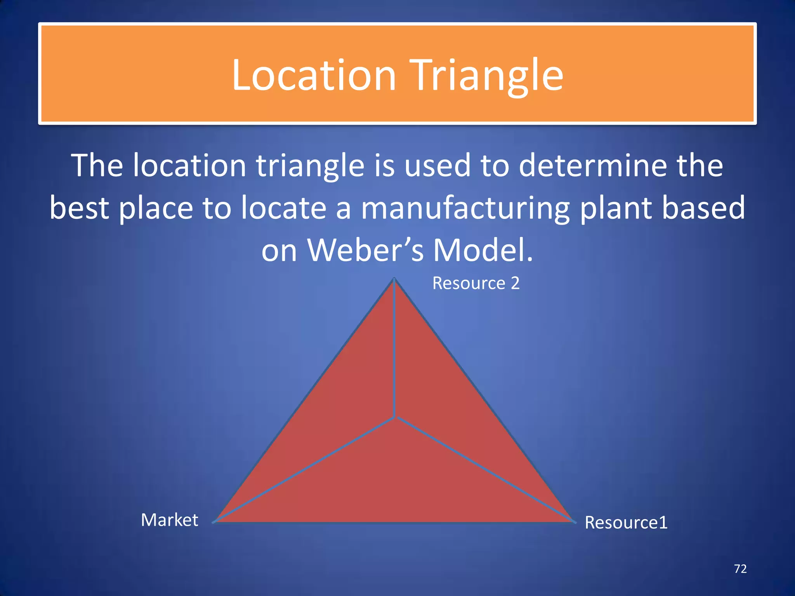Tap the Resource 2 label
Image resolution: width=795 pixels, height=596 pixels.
[476, 283]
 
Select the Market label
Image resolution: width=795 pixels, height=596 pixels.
[170, 520]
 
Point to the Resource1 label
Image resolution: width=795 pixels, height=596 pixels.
[626, 522]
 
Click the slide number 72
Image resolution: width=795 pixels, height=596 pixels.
[740, 569]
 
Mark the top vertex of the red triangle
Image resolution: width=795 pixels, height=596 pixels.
[394, 279]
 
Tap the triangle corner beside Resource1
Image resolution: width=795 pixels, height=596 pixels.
[574, 521]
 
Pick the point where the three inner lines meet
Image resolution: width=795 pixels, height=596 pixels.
[395, 417]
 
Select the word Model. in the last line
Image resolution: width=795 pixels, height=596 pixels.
[483, 250]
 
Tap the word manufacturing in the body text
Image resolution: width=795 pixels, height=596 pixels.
[465, 208]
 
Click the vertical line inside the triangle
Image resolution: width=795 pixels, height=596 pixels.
[394, 349]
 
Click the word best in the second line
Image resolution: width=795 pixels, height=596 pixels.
[79, 208]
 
